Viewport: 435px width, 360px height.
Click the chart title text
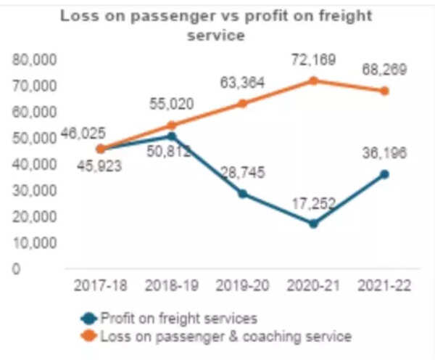coord(217,25)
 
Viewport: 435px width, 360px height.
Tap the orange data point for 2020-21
coord(313,81)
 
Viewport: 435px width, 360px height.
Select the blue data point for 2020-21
coord(313,224)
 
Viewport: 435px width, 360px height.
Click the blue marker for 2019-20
coord(242,194)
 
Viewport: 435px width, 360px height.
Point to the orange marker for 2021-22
coord(384,91)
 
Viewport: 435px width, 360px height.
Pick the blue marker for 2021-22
coord(384,174)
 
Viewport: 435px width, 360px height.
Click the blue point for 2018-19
coord(171,136)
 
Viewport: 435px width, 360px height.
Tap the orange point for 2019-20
coord(242,103)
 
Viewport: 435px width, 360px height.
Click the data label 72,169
coord(313,60)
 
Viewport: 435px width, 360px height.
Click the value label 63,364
coord(244,82)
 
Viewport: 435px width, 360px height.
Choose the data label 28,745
coord(242,173)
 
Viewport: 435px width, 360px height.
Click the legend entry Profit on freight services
coord(178,318)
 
